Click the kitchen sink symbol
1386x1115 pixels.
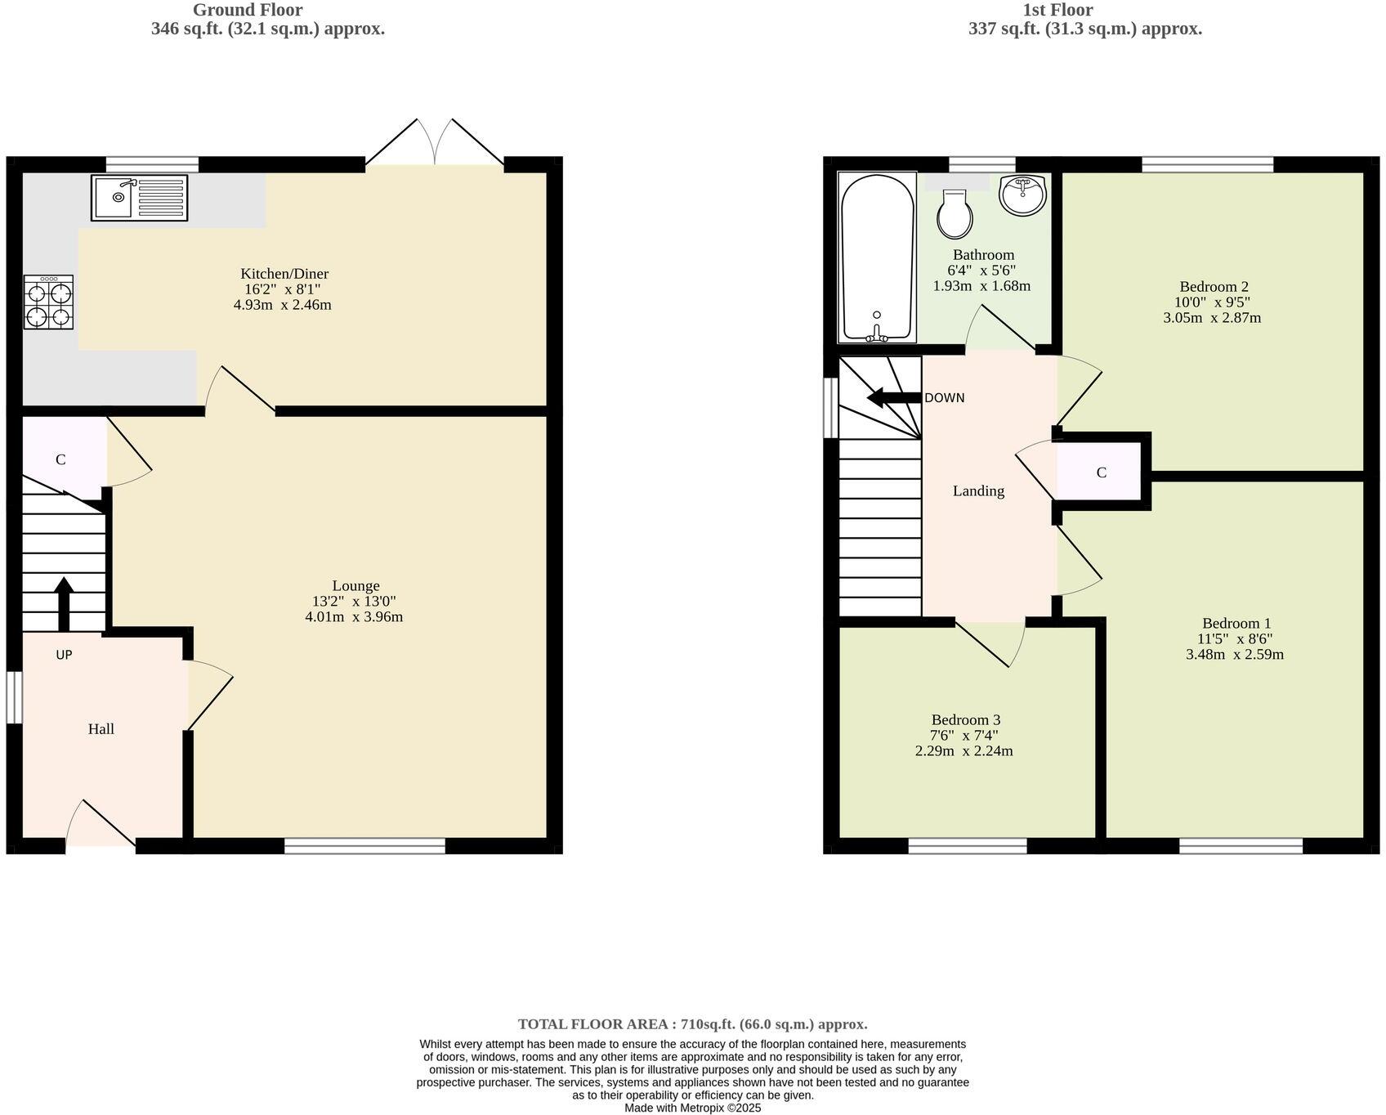(x=140, y=197)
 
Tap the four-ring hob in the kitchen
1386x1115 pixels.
(x=48, y=302)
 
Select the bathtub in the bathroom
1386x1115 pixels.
(x=877, y=257)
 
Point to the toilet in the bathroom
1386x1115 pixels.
(x=955, y=213)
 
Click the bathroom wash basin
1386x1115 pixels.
(x=1022, y=195)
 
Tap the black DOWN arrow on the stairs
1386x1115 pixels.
(x=894, y=398)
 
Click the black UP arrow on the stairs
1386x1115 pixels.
(x=63, y=602)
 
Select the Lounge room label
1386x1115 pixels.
(x=355, y=586)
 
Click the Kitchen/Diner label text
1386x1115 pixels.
(x=284, y=274)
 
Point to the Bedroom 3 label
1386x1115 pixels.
(x=965, y=720)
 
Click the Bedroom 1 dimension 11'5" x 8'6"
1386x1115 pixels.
(x=1234, y=639)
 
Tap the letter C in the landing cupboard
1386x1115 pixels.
(x=1101, y=473)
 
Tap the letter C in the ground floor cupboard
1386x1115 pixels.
(x=60, y=460)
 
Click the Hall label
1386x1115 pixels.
(x=101, y=729)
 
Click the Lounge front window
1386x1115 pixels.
(x=364, y=846)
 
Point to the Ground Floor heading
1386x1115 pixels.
(x=248, y=11)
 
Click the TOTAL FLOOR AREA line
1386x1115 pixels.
(x=692, y=1024)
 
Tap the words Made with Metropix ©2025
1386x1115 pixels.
(x=692, y=1108)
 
